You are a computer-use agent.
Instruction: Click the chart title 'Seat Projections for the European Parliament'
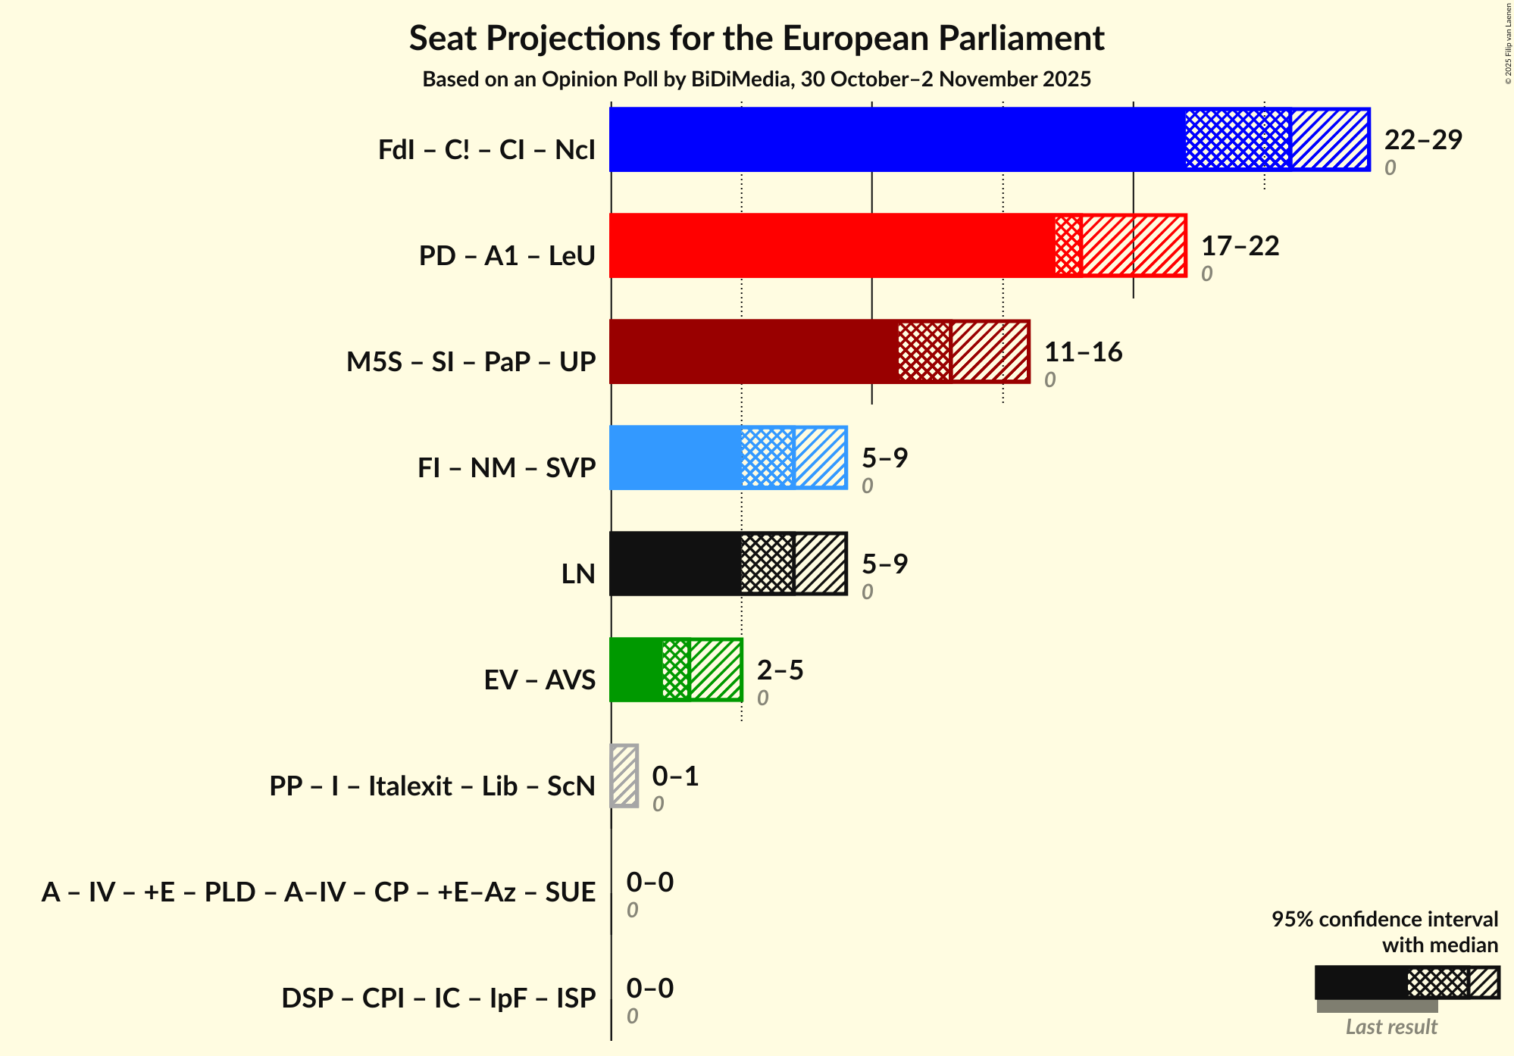click(x=756, y=38)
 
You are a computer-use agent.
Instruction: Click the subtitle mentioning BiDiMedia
click(x=756, y=80)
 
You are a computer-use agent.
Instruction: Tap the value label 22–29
click(x=1422, y=140)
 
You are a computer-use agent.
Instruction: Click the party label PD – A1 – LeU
click(x=507, y=255)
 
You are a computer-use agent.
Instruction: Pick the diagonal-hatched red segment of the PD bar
click(x=1133, y=245)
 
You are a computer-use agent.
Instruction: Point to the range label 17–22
click(x=1240, y=246)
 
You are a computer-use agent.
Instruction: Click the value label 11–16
click(x=1083, y=352)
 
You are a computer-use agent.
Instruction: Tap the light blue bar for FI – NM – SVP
click(x=675, y=458)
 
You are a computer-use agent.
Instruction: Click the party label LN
click(x=578, y=573)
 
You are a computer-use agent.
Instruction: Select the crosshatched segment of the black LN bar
click(x=768, y=564)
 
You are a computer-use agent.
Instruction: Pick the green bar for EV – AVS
click(x=636, y=670)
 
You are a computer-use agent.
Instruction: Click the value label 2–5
click(x=780, y=670)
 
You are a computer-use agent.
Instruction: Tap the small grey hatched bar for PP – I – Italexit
click(x=624, y=776)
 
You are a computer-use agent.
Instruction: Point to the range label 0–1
click(x=675, y=776)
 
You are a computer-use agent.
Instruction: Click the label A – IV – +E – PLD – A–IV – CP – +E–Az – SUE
click(x=318, y=892)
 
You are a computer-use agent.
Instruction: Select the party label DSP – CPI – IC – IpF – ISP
click(x=438, y=998)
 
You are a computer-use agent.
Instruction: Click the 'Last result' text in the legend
click(x=1390, y=1026)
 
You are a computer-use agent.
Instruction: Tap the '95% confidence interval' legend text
click(x=1384, y=919)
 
